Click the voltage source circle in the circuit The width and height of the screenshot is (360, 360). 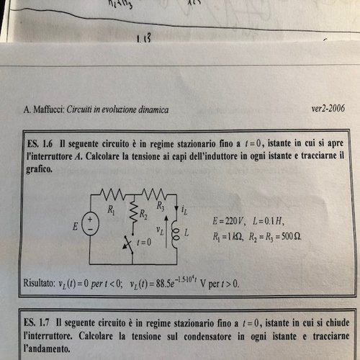[x=91, y=223]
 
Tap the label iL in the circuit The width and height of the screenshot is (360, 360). [x=186, y=210]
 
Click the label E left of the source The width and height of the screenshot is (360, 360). [x=74, y=226]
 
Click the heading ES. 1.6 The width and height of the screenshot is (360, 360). [x=40, y=144]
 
